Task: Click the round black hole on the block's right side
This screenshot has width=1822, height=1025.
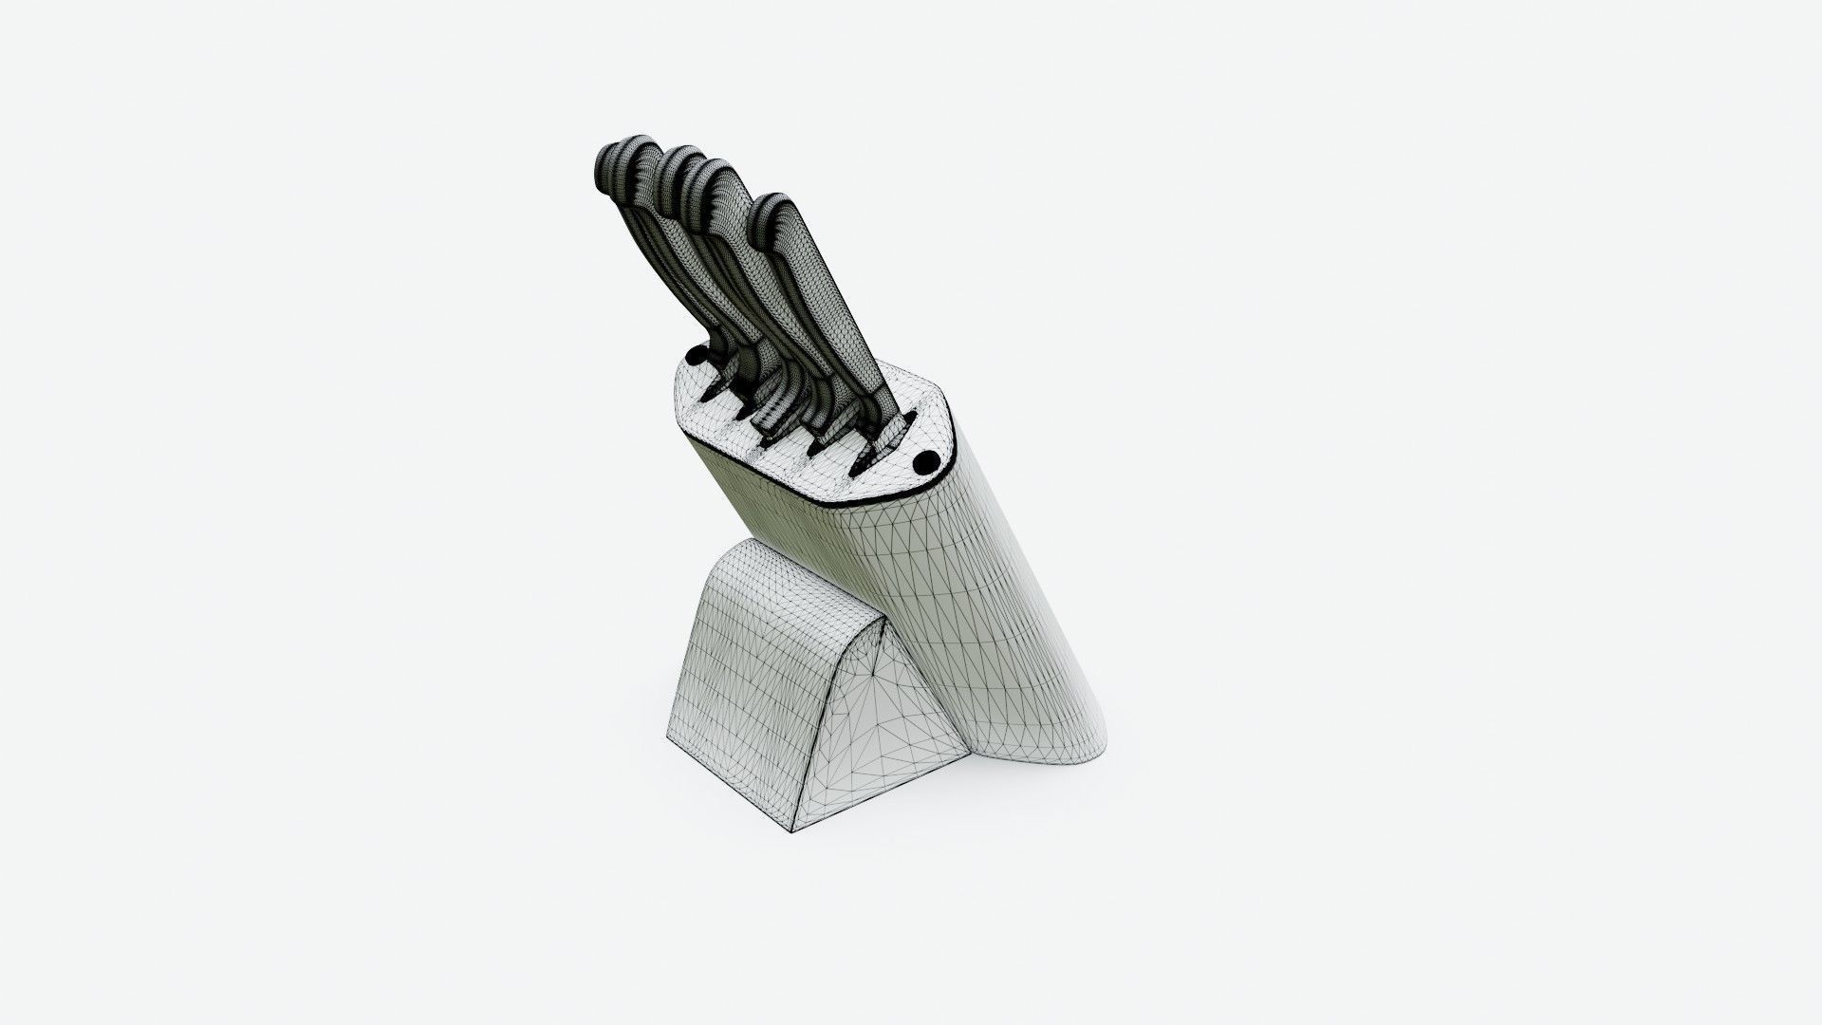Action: (924, 462)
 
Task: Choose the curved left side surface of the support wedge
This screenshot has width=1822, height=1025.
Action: (731, 683)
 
